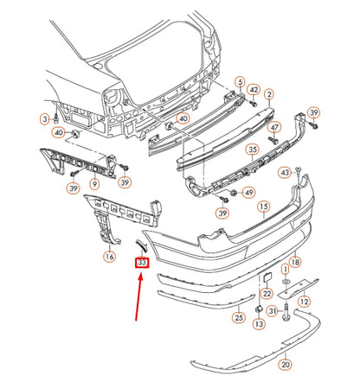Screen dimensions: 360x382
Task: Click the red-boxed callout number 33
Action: tap(142, 263)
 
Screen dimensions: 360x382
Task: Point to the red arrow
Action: tap(138, 296)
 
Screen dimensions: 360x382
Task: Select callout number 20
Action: tap(285, 365)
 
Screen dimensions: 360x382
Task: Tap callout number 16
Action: tap(110, 256)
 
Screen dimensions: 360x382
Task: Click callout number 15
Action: tap(264, 207)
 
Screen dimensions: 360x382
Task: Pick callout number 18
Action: tap(295, 262)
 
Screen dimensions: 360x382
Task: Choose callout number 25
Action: tap(239, 317)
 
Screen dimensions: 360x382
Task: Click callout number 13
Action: tap(259, 324)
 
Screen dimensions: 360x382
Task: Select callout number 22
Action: tap(267, 293)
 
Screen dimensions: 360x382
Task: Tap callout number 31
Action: tap(273, 311)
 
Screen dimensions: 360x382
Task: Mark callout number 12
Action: tap(305, 302)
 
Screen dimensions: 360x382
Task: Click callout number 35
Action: tap(253, 150)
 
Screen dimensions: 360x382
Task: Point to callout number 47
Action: tap(274, 127)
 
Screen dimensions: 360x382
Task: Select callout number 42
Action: tap(254, 90)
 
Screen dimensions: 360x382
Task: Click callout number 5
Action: tap(240, 83)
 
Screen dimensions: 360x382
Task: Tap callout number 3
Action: tap(45, 119)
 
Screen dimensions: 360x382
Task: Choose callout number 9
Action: tap(94, 183)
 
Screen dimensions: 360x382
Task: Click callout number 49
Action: tap(248, 192)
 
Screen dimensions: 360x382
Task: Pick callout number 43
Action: tap(285, 173)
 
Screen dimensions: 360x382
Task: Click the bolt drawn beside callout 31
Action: tap(286, 313)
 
